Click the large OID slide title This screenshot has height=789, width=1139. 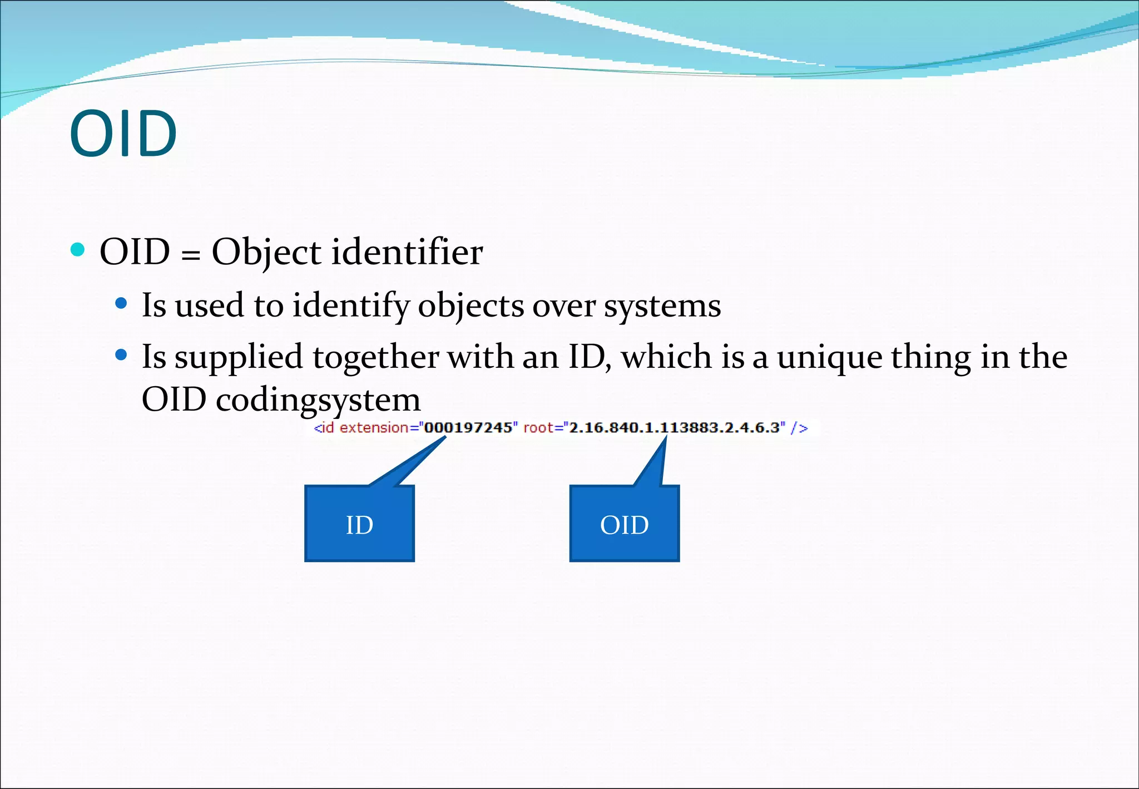(x=123, y=134)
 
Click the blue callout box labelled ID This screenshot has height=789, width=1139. (x=359, y=524)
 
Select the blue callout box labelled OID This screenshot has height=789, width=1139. (x=624, y=524)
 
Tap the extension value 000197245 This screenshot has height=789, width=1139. (x=468, y=428)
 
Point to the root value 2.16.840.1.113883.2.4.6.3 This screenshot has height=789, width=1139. (x=674, y=428)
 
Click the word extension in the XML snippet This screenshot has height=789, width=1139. (x=374, y=428)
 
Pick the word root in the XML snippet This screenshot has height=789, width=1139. (x=538, y=428)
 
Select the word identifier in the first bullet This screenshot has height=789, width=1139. (x=407, y=252)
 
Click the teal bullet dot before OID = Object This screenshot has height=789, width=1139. (x=78, y=249)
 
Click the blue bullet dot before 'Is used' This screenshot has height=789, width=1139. (x=121, y=304)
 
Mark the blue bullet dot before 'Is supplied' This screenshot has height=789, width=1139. (x=121, y=354)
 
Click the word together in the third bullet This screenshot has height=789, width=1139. (x=376, y=357)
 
